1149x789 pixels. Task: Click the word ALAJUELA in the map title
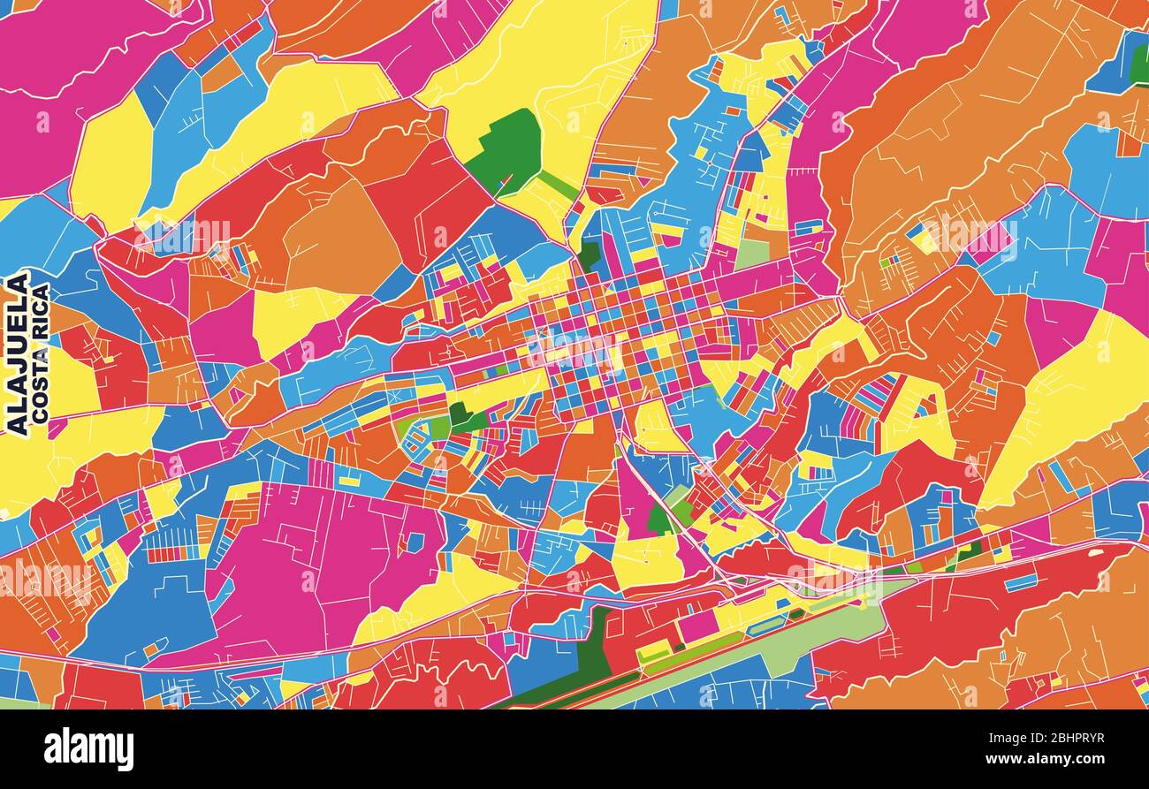(x=17, y=353)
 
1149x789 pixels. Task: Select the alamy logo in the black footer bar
(x=88, y=748)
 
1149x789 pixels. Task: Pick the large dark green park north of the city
(x=506, y=150)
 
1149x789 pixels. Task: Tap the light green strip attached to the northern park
(x=558, y=185)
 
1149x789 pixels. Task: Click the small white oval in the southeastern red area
(x=1096, y=553)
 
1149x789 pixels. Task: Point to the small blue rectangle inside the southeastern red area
(x=1021, y=582)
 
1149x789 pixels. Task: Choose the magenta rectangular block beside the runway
(x=697, y=625)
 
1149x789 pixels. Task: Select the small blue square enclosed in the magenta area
(x=414, y=542)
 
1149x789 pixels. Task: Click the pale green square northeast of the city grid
(x=752, y=254)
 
